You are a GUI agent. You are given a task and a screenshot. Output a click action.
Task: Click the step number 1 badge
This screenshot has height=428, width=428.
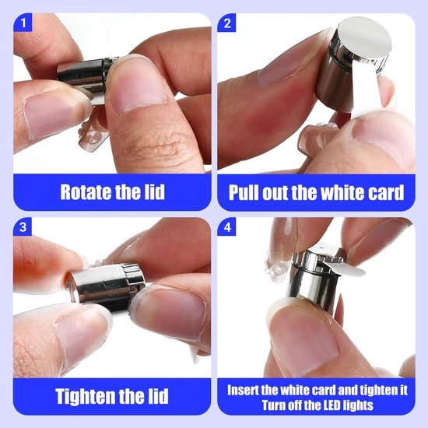pos(23,23)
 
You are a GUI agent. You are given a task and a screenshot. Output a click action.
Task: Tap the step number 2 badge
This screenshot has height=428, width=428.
pos(226,23)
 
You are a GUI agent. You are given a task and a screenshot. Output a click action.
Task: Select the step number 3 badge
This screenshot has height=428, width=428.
pos(23,226)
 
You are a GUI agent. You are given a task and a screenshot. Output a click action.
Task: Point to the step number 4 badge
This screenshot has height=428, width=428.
pos(226,226)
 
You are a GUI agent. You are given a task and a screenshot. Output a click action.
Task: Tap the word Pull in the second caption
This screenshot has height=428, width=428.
pos(244,192)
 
